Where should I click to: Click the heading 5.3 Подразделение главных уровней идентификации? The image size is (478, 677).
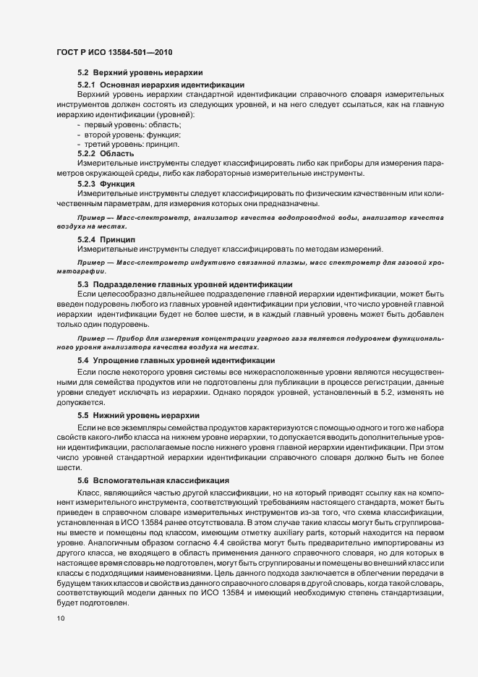pyautogui.click(x=184, y=284)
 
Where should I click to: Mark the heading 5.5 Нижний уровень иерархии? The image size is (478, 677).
pyautogui.click(x=140, y=414)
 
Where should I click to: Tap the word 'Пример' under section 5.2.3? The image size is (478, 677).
pyautogui.click(x=90, y=218)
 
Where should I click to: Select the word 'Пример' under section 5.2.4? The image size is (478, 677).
pyautogui.click(x=90, y=262)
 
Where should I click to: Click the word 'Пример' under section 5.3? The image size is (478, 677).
pyautogui.click(x=90, y=338)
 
